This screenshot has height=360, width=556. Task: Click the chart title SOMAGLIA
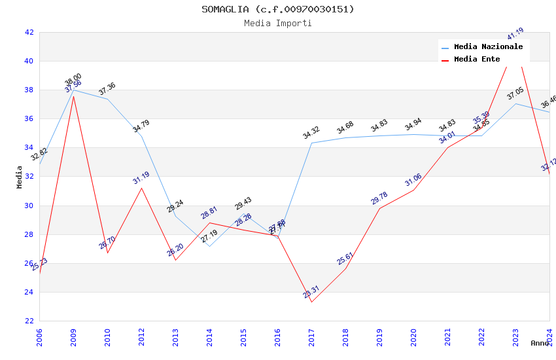(277, 9)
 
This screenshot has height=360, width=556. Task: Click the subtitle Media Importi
(277, 24)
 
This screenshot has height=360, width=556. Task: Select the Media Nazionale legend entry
(488, 47)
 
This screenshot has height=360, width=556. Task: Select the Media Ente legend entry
(477, 60)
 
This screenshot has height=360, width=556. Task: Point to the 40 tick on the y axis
(29, 62)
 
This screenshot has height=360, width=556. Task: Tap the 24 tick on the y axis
(29, 293)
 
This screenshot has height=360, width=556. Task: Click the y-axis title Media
(20, 177)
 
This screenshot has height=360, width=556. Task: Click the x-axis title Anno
(540, 343)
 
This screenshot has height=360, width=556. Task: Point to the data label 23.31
(311, 293)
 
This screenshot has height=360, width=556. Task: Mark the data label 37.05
(515, 95)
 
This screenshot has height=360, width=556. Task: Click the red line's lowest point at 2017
(311, 302)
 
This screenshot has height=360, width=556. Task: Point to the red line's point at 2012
(141, 189)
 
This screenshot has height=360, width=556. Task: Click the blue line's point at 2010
(107, 99)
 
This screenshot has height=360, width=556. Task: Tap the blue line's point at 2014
(209, 246)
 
